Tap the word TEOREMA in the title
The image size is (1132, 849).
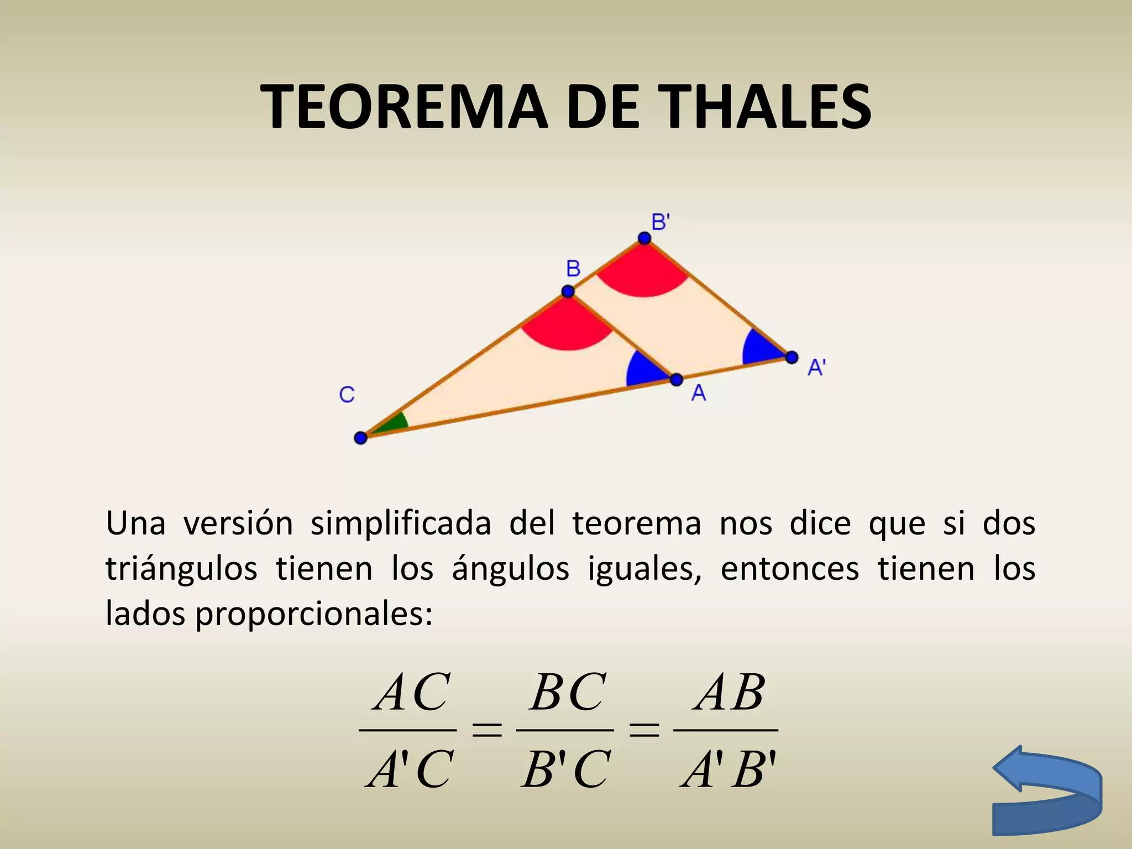(406, 107)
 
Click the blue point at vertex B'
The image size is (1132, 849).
(644, 238)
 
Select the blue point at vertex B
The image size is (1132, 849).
(568, 291)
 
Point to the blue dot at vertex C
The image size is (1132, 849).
(360, 438)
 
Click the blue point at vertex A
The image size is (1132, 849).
(677, 380)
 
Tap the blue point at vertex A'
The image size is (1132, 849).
(792, 357)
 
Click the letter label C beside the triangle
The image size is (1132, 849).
(347, 395)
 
